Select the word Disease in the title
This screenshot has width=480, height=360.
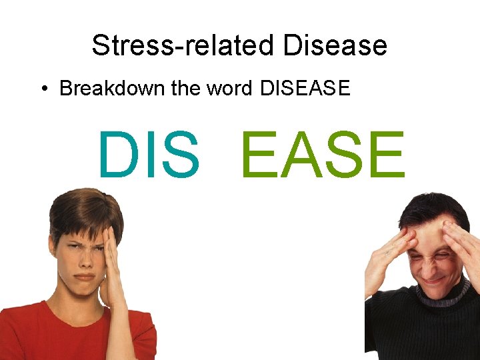(x=335, y=45)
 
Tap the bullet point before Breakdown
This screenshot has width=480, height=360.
(x=43, y=89)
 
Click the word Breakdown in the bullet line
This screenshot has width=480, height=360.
(x=112, y=88)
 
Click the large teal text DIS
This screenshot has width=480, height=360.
(x=148, y=156)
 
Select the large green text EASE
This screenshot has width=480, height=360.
(x=323, y=156)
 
